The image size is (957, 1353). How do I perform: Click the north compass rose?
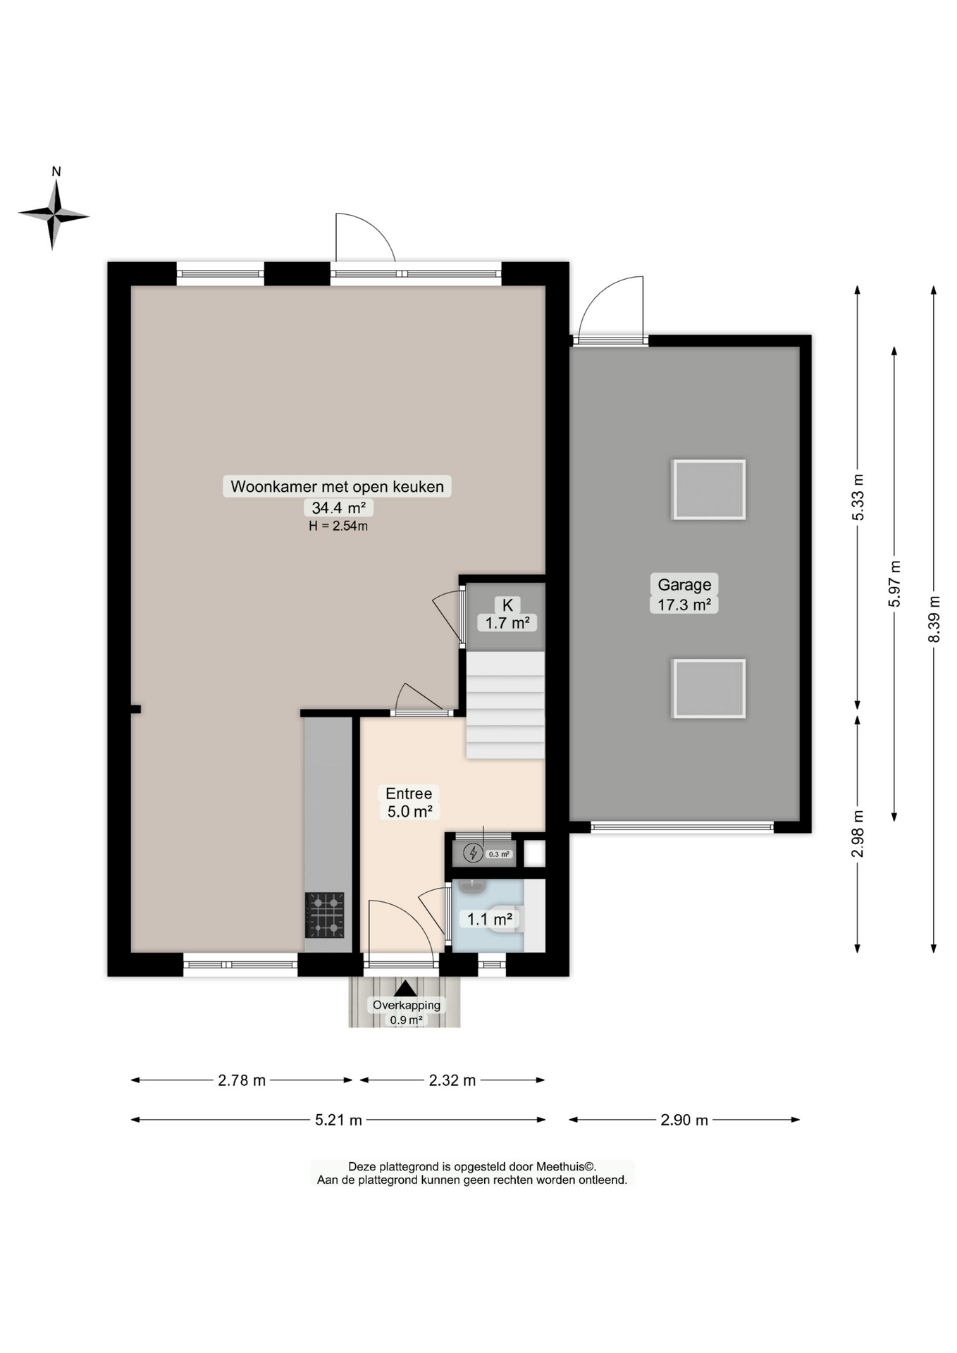(x=54, y=214)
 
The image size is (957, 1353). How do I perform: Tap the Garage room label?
(x=684, y=584)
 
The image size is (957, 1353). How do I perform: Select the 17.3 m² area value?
(x=684, y=604)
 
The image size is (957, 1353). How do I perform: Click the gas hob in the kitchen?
(x=325, y=915)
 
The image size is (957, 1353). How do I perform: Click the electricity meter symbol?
(x=472, y=854)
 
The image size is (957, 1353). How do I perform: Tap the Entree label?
(x=409, y=793)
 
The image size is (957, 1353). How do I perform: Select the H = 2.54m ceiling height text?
(x=338, y=526)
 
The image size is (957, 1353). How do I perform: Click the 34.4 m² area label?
(x=338, y=507)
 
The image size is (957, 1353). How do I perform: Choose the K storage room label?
(x=507, y=605)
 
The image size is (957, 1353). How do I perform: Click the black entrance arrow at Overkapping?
(x=405, y=989)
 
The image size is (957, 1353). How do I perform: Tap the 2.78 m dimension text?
(x=242, y=1080)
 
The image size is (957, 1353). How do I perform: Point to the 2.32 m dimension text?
(x=452, y=1080)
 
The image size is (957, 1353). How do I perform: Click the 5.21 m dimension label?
(x=338, y=1120)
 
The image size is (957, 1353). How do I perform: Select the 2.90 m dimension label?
(x=684, y=1120)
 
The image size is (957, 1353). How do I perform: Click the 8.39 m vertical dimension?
(x=934, y=619)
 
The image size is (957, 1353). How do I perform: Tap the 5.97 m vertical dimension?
(x=894, y=583)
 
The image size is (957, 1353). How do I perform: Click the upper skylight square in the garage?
(x=709, y=490)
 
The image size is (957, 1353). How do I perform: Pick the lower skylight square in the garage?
(x=709, y=688)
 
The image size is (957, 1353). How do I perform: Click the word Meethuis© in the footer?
(x=567, y=1167)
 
